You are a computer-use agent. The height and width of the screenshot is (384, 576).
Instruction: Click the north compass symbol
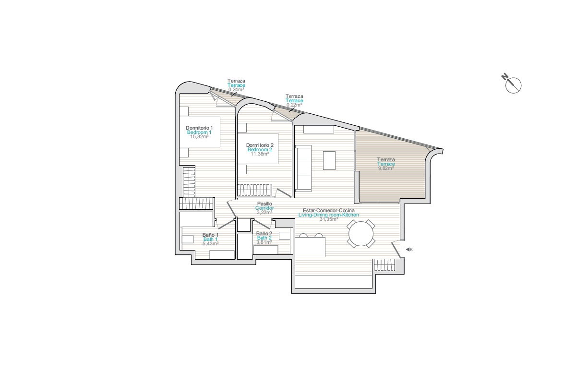(512, 84)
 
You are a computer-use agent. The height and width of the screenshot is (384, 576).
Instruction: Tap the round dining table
(361, 234)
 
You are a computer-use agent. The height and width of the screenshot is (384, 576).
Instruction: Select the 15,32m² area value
(199, 137)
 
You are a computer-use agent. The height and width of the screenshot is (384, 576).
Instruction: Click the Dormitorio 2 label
(260, 145)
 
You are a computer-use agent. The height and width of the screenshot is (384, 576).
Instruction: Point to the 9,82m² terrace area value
(386, 168)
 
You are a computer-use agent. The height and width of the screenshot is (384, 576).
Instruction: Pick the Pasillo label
(264, 204)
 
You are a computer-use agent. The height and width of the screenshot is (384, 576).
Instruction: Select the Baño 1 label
(210, 235)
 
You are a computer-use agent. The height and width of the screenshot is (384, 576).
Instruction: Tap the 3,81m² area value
(264, 242)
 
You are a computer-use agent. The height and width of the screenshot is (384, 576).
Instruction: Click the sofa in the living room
(303, 168)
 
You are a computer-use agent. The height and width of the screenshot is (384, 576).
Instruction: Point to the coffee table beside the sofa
(329, 160)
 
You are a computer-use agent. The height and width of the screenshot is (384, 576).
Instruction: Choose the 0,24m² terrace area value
(236, 89)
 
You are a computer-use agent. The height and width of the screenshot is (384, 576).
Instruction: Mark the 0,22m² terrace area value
(294, 105)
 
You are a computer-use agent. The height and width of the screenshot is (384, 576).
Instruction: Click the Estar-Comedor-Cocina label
(329, 210)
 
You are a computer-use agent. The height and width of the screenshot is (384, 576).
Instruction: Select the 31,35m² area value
(329, 219)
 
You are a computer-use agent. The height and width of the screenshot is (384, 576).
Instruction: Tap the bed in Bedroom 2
(258, 148)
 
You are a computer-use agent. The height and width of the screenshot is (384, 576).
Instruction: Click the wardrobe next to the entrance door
(384, 264)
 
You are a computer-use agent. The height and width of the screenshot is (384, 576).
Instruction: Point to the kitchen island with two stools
(311, 247)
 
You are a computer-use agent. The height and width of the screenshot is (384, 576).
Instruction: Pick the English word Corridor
(264, 208)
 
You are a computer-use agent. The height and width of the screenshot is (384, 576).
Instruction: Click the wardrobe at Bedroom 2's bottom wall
(254, 190)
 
